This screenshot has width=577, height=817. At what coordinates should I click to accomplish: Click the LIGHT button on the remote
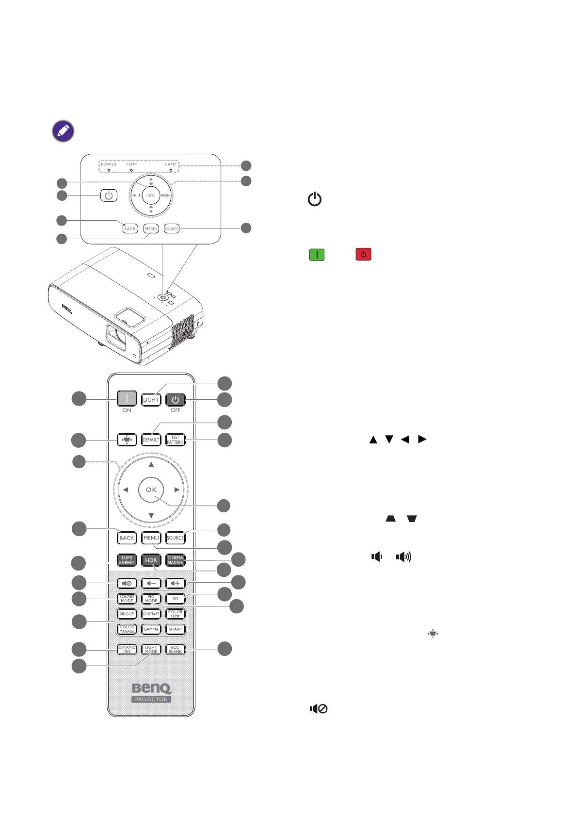click(x=151, y=400)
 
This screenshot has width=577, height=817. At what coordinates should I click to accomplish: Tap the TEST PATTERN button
click(x=175, y=440)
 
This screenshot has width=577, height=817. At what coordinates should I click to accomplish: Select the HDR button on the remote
click(x=151, y=560)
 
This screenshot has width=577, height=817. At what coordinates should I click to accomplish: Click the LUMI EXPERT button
click(x=127, y=560)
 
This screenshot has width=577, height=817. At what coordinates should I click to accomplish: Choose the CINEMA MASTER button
click(x=175, y=560)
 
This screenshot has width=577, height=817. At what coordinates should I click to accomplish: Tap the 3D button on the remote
click(x=175, y=599)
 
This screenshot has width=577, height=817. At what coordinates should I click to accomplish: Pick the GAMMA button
click(x=151, y=629)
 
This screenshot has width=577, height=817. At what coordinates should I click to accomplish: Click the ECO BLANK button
click(x=175, y=650)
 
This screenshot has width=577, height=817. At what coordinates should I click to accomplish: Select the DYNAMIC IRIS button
click(x=127, y=650)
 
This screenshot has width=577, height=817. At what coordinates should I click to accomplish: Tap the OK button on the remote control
click(x=151, y=490)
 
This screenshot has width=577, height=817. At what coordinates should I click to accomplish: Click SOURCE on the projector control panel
click(x=172, y=229)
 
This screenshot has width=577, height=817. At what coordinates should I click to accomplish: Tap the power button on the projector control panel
click(x=109, y=196)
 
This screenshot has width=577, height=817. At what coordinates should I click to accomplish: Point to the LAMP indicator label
click(x=171, y=164)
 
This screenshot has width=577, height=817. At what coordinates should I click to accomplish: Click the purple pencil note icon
click(x=63, y=131)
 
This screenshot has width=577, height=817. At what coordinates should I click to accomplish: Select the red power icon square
click(x=363, y=255)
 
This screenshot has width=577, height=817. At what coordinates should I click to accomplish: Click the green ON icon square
click(x=317, y=255)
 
